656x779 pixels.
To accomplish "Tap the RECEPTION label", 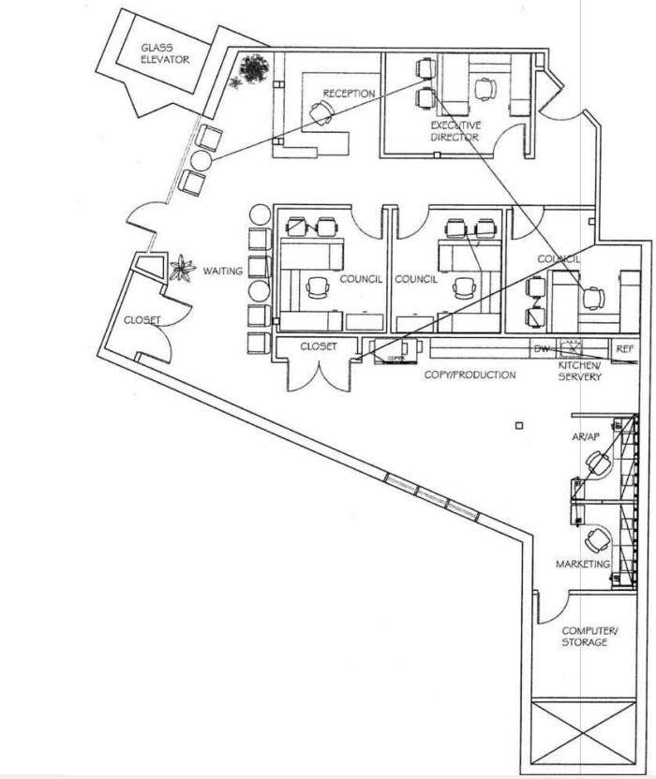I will (350, 94).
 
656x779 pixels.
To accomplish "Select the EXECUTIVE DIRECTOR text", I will (455, 131).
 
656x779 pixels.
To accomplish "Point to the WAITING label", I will (223, 272).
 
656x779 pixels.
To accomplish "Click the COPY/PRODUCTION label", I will (470, 375).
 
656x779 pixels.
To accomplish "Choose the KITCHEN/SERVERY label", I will (580, 371).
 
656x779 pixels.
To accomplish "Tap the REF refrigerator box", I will (625, 348).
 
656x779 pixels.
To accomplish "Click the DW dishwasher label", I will (541, 348).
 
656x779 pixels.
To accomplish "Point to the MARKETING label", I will (583, 564).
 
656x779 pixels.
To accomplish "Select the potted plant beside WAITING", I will (179, 269).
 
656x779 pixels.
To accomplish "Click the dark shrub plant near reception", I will (253, 67).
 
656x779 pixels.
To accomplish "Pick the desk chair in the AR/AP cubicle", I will (597, 463).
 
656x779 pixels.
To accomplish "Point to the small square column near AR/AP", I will (517, 427).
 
